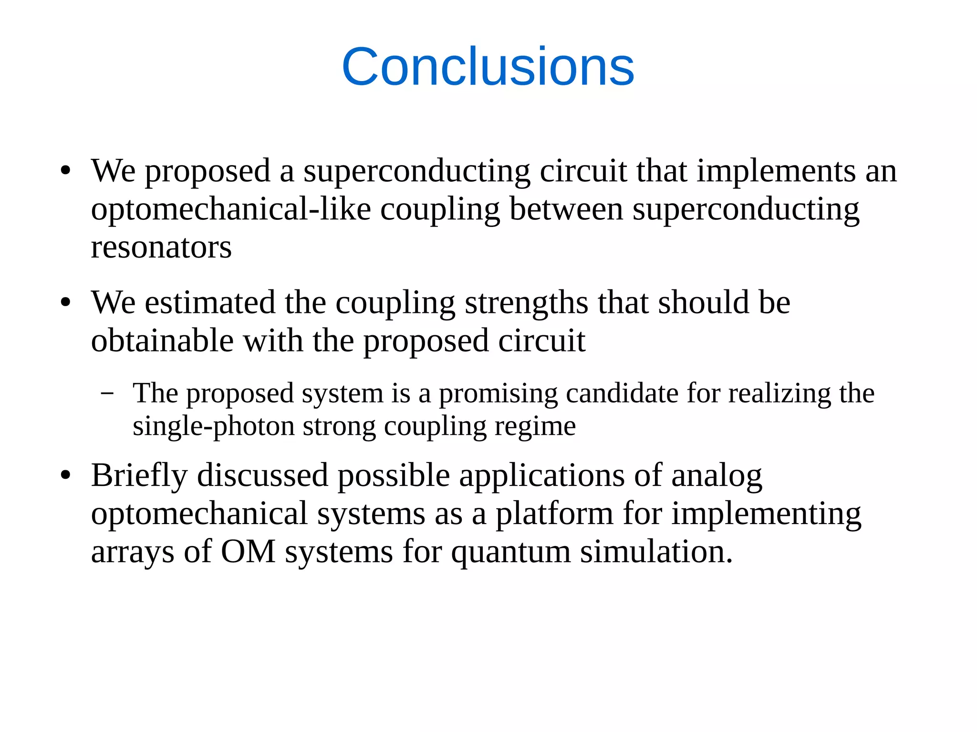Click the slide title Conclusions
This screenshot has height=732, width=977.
coord(488,67)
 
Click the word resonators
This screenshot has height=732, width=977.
coord(161,247)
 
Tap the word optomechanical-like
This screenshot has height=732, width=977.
coord(231,209)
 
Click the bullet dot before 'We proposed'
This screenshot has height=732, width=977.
coord(66,171)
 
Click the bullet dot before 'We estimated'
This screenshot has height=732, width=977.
coord(66,303)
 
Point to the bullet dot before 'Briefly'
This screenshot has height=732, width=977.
coord(66,475)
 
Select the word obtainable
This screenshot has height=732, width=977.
coord(162,341)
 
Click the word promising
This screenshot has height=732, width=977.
coord(498,394)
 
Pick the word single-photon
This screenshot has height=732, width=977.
coord(213,426)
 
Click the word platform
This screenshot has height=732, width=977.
coord(554,514)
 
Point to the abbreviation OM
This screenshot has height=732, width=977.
coord(248,552)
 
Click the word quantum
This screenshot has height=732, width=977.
coord(511,552)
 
